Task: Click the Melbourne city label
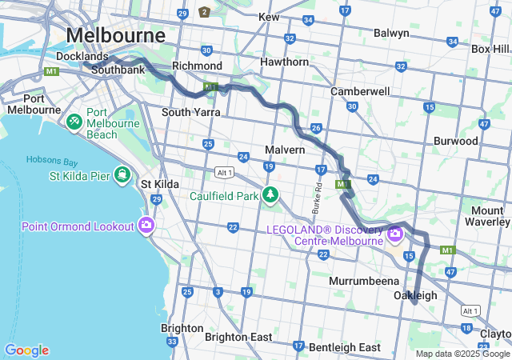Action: tap(116, 36)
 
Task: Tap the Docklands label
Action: tap(82, 57)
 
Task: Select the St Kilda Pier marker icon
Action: tap(122, 174)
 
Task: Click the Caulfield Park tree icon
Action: tap(270, 194)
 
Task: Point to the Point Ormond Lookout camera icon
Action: tap(146, 225)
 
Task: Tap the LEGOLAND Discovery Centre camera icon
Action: tap(394, 234)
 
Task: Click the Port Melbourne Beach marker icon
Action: tap(74, 122)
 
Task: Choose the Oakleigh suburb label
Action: tap(415, 296)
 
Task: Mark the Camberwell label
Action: tap(360, 91)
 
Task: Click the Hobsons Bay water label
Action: tap(50, 159)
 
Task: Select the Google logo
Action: tap(26, 350)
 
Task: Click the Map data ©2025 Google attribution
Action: tap(462, 354)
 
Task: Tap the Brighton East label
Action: tap(238, 337)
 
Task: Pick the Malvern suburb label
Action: tap(285, 150)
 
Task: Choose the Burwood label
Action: tap(455, 141)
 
